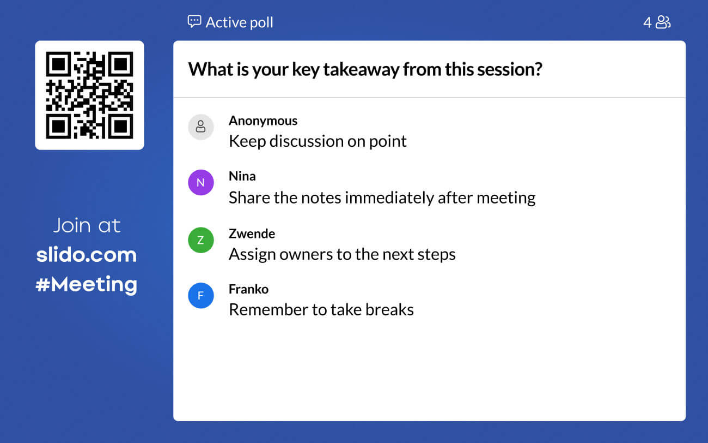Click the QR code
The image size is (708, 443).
point(89,95)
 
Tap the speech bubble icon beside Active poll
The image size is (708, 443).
point(194,22)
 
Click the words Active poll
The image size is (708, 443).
point(239,22)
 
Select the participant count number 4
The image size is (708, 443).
point(647,22)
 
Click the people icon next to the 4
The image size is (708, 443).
point(663,22)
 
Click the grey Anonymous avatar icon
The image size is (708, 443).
point(200,127)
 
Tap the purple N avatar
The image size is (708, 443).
point(200,182)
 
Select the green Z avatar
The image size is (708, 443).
point(200,240)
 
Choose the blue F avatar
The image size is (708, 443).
point(200,296)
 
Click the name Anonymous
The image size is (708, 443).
point(263,121)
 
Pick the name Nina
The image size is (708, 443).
point(242,176)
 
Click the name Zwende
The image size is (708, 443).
point(252,234)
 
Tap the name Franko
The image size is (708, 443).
point(248,289)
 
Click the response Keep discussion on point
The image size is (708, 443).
point(318,141)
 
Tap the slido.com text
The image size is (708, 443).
point(87,255)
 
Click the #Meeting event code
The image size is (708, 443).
point(87,284)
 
